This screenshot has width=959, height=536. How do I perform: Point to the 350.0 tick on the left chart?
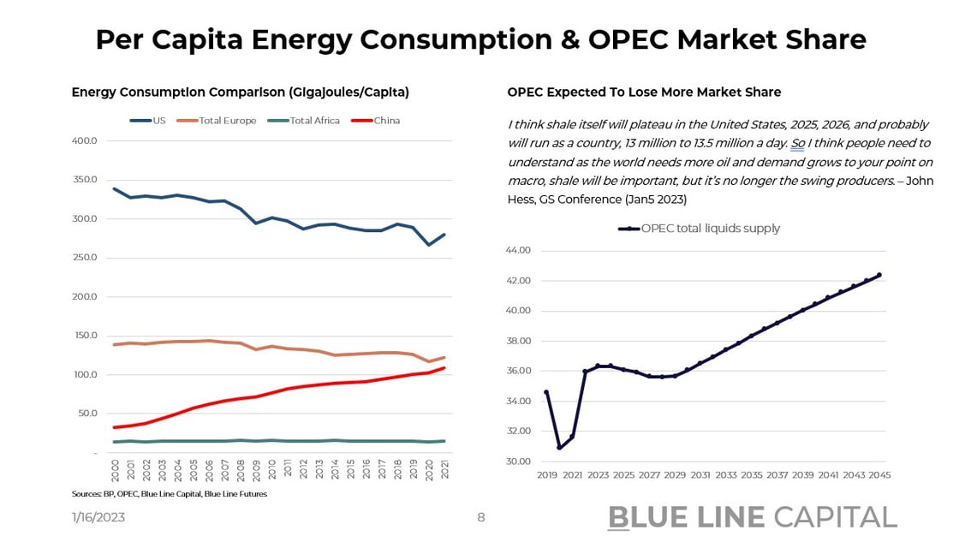click(83, 180)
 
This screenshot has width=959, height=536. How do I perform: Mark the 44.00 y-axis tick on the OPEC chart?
click(519, 251)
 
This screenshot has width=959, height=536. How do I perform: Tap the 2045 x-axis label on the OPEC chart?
click(879, 474)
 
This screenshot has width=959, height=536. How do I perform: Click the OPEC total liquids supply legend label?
click(710, 229)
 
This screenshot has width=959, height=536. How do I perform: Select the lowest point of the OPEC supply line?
click(559, 447)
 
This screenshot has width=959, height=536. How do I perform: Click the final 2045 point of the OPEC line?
click(879, 275)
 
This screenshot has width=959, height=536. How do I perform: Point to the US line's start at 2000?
click(115, 189)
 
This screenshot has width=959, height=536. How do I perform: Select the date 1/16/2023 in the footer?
click(99, 517)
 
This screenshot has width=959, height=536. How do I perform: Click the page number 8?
click(481, 517)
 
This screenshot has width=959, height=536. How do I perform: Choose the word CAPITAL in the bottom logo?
click(835, 516)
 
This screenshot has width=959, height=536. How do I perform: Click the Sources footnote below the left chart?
click(169, 494)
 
